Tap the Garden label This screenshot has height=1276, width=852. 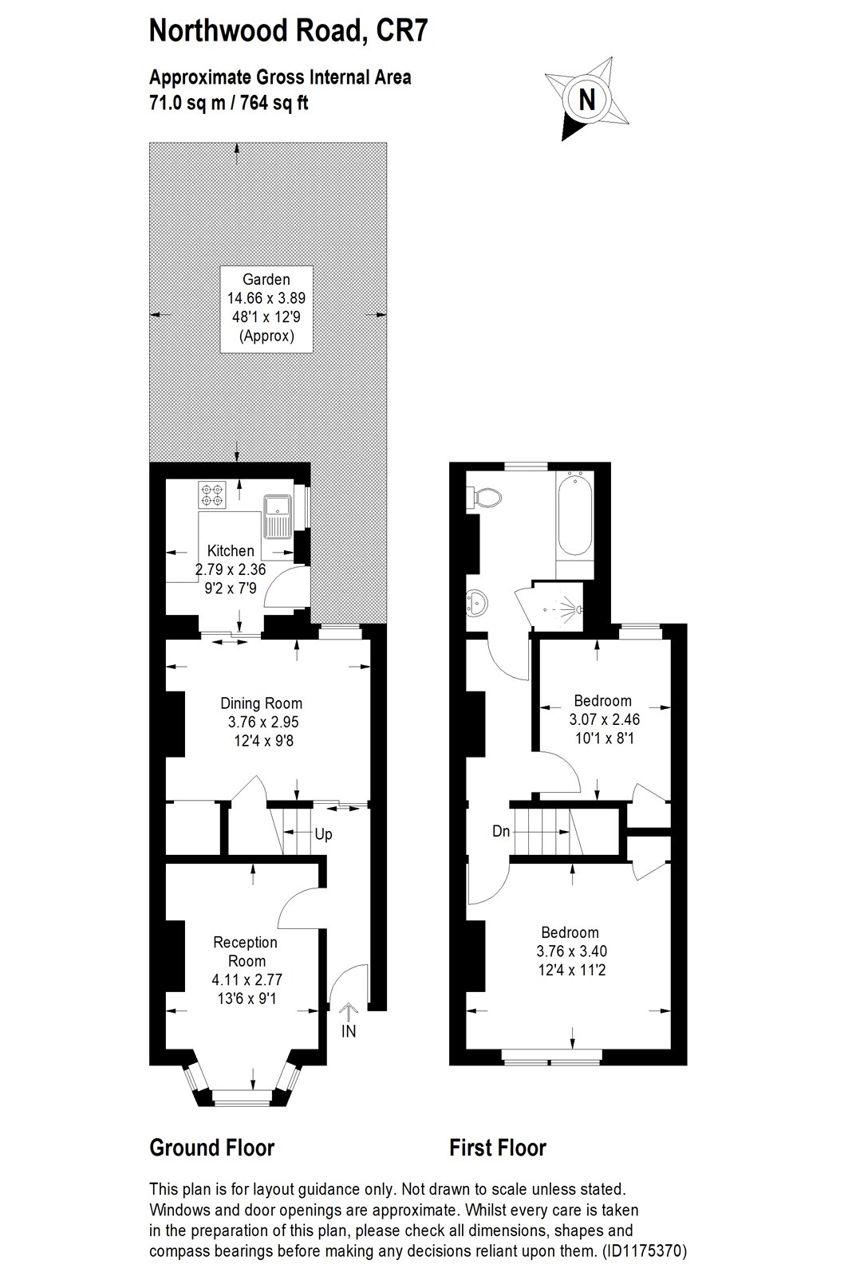[266, 279]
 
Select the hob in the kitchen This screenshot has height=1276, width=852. [212, 494]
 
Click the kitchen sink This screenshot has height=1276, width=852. [278, 517]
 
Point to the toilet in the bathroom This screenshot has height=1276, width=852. [484, 498]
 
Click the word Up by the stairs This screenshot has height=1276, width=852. [323, 834]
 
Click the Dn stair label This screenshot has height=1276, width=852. [501, 831]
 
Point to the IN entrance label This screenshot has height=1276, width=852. [348, 1030]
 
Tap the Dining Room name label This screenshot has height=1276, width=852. [262, 703]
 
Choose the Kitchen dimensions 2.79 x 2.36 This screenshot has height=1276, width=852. [231, 569]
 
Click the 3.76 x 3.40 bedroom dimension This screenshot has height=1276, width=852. [572, 951]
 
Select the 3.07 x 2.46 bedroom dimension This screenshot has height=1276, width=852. [604, 719]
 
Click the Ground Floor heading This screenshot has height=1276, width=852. [212, 1148]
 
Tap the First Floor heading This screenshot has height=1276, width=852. [498, 1148]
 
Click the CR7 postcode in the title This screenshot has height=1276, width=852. [402, 31]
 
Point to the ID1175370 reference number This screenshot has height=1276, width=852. [644, 1251]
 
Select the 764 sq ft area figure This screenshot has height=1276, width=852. [274, 103]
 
